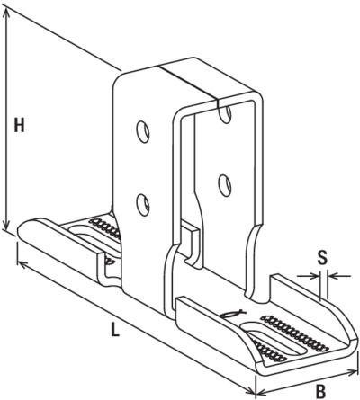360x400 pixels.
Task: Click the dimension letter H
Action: [x=20, y=125]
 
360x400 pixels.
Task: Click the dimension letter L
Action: [x=114, y=329]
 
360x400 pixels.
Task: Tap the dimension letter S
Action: [x=322, y=258]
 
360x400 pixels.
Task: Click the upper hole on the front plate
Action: [x=143, y=131]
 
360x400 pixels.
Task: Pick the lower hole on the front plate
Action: [x=143, y=205]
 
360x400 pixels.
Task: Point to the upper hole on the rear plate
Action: [x=225, y=113]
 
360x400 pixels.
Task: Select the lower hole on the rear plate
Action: [x=225, y=186]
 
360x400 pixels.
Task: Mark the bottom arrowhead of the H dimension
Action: [x=6, y=224]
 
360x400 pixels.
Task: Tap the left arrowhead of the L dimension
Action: [x=22, y=264]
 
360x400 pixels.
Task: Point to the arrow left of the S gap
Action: [x=309, y=275]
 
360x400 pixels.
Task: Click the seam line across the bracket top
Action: [x=188, y=82]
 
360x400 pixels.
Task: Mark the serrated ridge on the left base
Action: [x=105, y=228]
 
